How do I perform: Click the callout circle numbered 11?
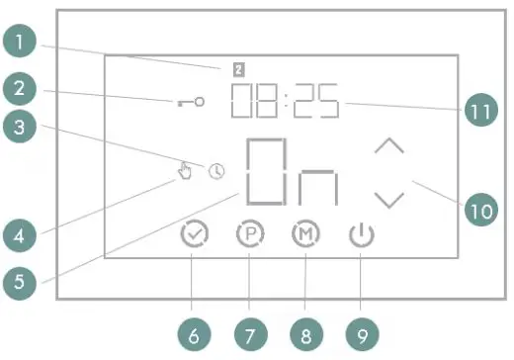pyautogui.click(x=480, y=111)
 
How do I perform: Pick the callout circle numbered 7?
pyautogui.click(x=249, y=335)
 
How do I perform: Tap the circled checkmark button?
pyautogui.click(x=196, y=235)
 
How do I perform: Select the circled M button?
pyautogui.click(x=305, y=235)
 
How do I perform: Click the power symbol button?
pyautogui.click(x=362, y=235)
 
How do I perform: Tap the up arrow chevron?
pyautogui.click(x=390, y=146)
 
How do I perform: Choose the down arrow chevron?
pyautogui.click(x=390, y=199)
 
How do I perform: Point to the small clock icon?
pyautogui.click(x=216, y=171)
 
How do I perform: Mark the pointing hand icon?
pyautogui.click(x=185, y=172)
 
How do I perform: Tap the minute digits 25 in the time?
pyautogui.click(x=316, y=101)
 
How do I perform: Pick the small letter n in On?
pyautogui.click(x=319, y=187)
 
